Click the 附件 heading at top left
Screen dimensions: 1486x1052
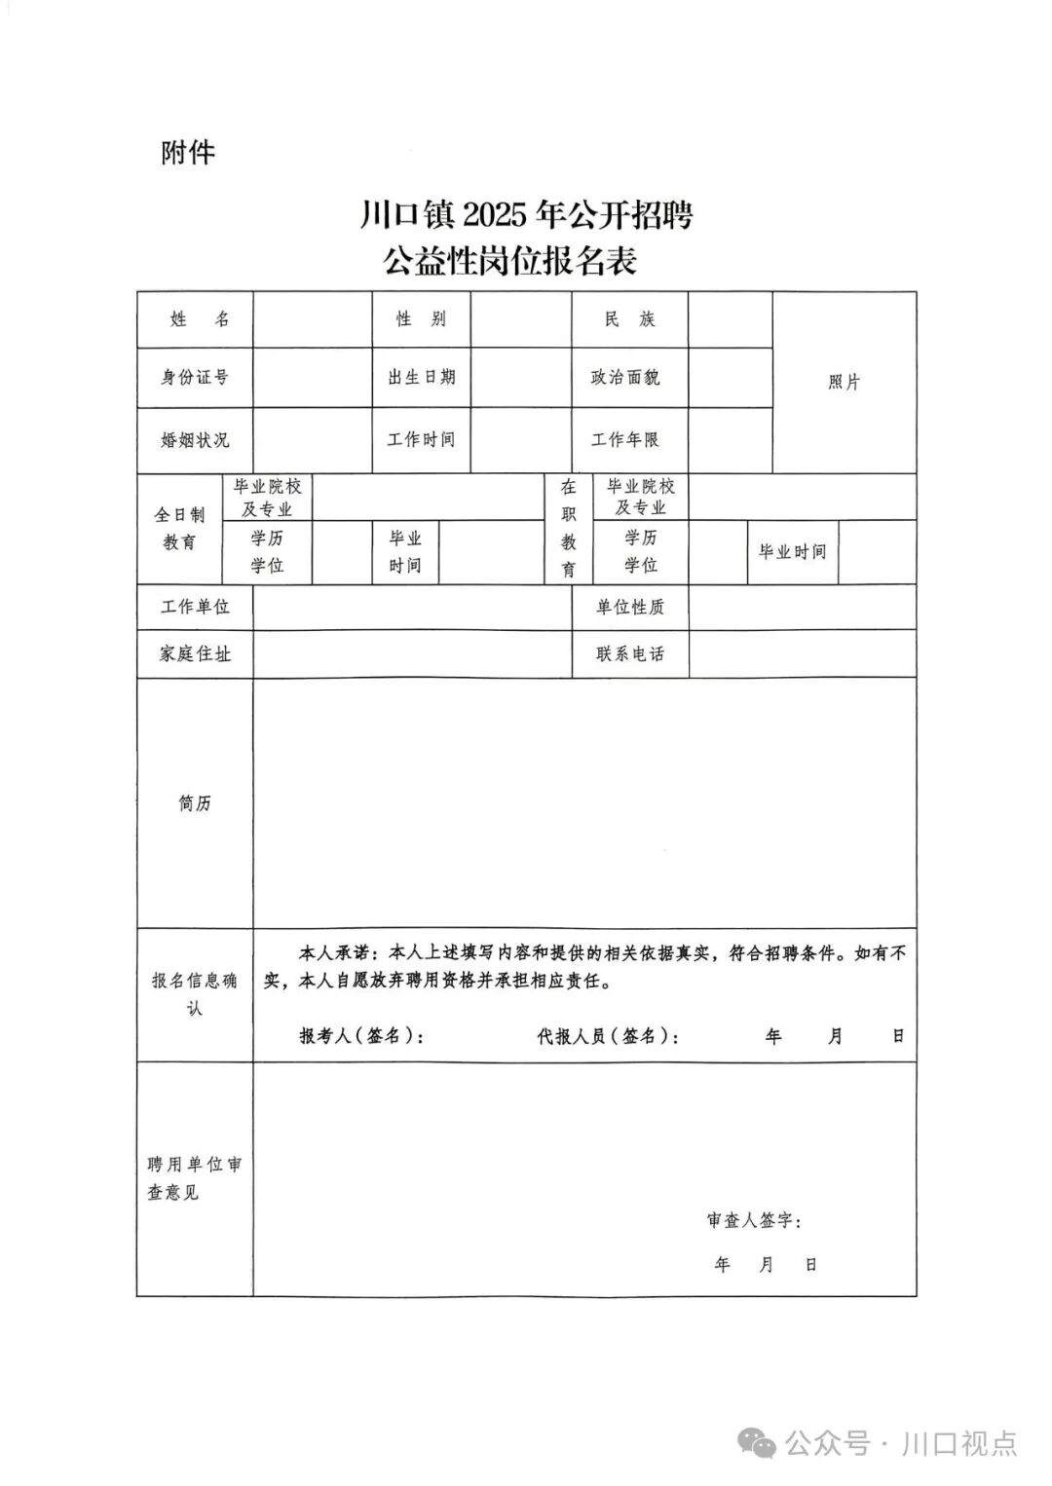pos(188,153)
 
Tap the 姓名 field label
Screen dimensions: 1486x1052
pos(196,319)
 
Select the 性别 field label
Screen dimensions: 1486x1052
pos(421,319)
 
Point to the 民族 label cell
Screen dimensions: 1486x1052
pos(629,319)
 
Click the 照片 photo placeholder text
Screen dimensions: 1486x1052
pos(844,383)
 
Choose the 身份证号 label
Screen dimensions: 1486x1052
pos(195,377)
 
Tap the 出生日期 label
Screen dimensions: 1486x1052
pos(421,377)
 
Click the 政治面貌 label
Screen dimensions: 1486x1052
pos(628,377)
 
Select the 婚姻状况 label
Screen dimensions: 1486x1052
pos(195,440)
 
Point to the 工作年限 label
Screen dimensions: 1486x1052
pos(628,440)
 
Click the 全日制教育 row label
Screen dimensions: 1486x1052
pos(179,529)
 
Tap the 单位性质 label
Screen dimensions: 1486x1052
pos(629,607)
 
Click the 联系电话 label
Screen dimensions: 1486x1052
pos(629,654)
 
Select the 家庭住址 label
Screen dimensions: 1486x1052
pos(195,654)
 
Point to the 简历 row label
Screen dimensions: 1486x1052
pos(195,803)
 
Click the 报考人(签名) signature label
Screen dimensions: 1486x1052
pos(361,1036)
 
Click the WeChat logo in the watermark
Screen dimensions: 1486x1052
pos(757,1443)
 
